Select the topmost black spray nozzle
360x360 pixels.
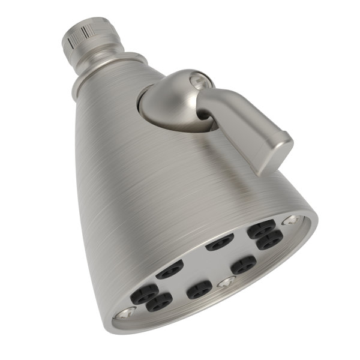click(262, 227)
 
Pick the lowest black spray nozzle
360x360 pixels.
click(160, 303)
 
